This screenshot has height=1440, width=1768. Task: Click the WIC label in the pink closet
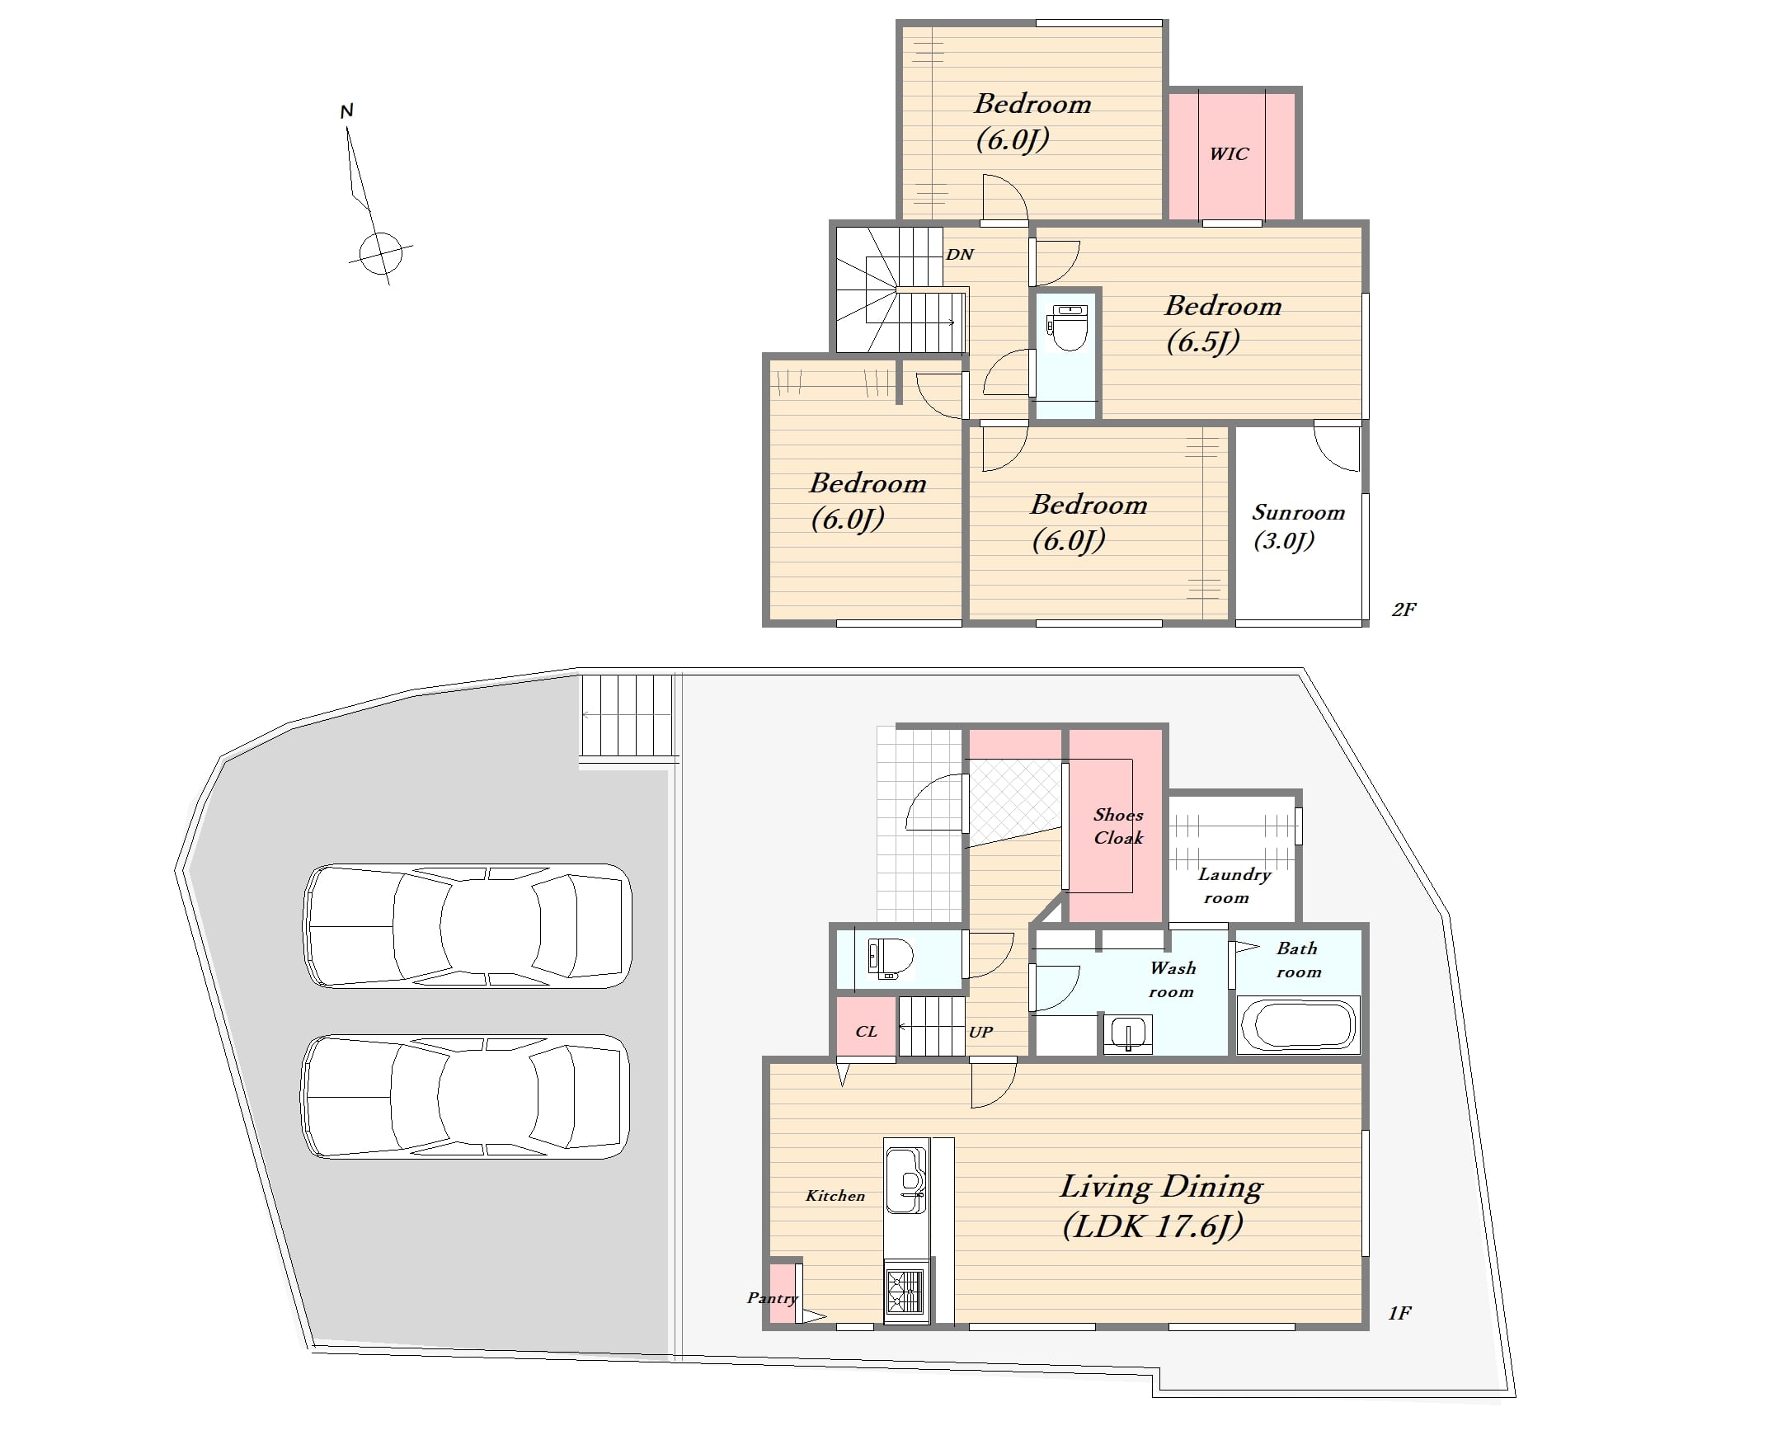coord(1228,153)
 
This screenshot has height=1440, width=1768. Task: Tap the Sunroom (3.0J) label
coord(1298,527)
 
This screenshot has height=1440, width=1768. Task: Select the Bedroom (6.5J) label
coord(1222,323)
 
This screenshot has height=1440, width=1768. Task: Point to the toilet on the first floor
coord(890,958)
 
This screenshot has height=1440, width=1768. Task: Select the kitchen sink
coord(905,1179)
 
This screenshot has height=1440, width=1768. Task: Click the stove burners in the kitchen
coord(905,1292)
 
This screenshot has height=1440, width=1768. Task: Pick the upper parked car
coord(468,925)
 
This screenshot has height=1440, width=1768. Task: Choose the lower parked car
coord(465,1096)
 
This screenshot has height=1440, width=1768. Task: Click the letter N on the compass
coord(346,111)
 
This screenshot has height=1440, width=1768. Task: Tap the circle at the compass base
coord(381,252)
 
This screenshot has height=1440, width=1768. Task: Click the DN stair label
coord(960,255)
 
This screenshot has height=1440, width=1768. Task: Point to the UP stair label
coord(980,1032)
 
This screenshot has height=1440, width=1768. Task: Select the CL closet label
coord(866,1031)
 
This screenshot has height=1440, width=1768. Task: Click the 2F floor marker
coord(1404,609)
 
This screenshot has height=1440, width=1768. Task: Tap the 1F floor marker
coord(1400,1313)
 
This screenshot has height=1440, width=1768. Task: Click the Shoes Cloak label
coord(1118,826)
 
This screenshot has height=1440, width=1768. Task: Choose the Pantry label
coord(772,1299)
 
